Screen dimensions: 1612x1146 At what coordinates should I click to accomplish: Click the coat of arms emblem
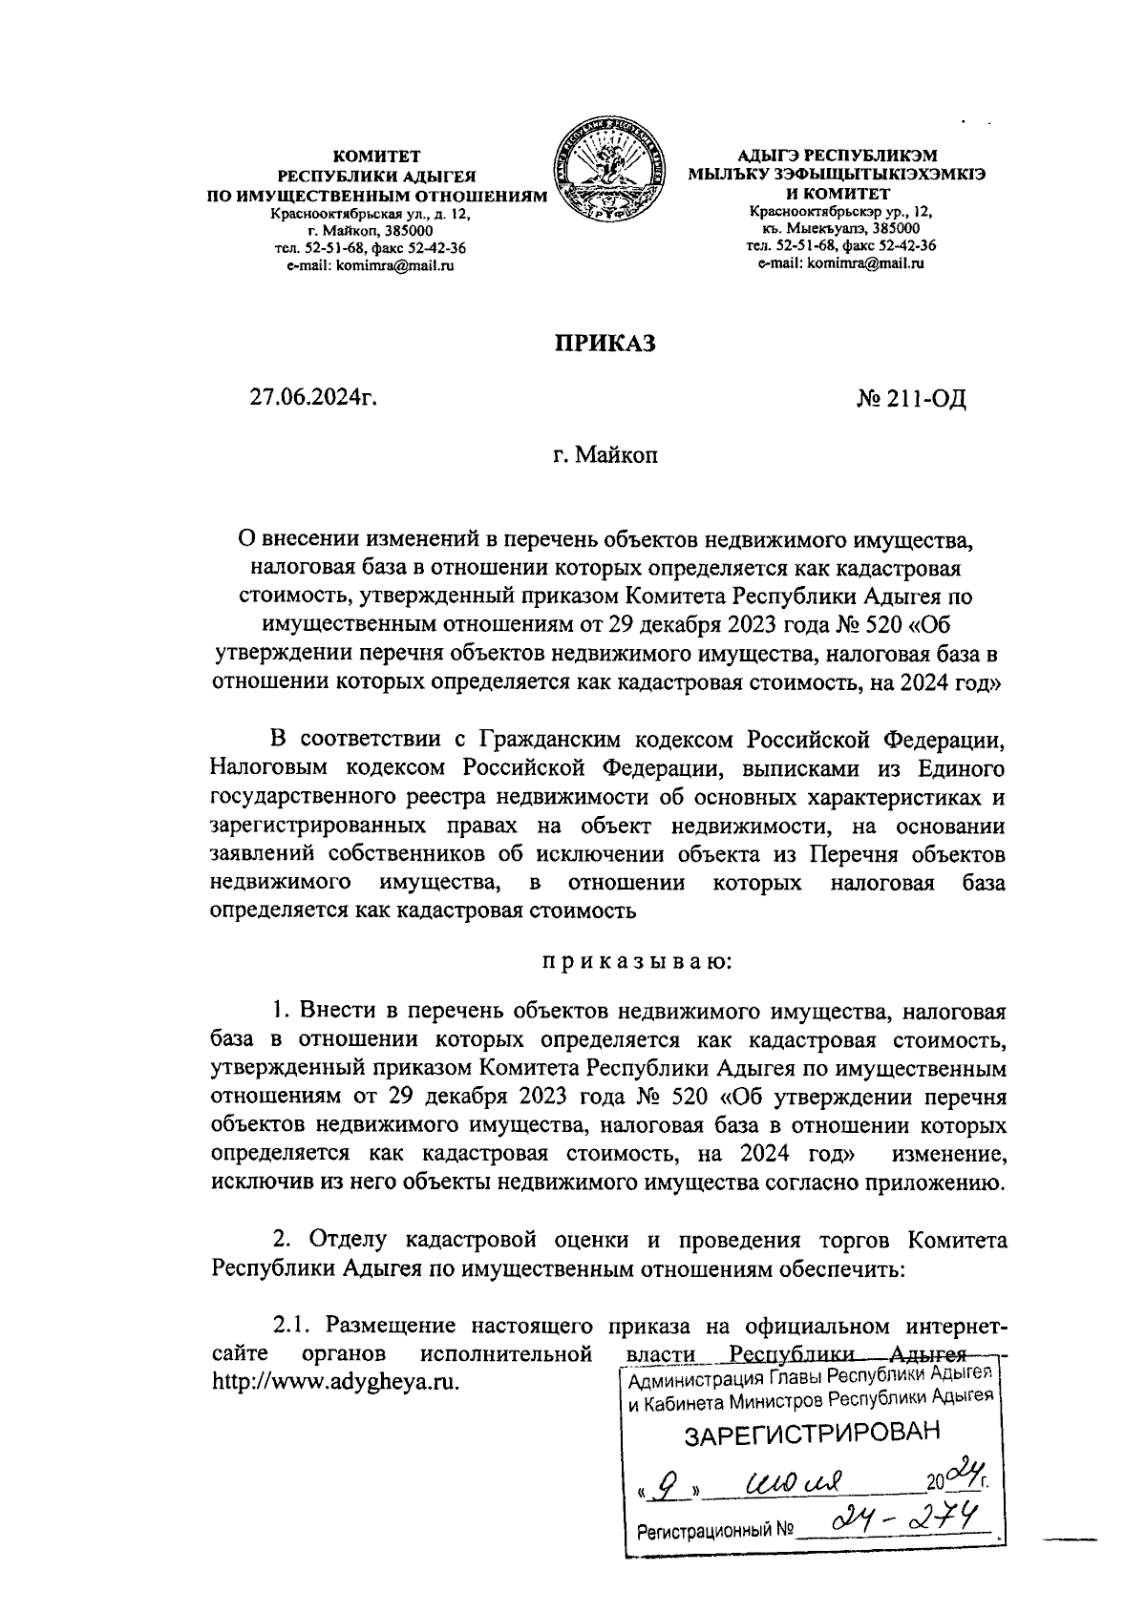click(609, 173)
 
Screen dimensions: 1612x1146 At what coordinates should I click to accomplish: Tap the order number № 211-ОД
click(911, 398)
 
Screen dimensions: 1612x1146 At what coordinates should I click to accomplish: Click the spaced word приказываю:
click(637, 961)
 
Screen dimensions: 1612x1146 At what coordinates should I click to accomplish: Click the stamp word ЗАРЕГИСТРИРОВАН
click(813, 1434)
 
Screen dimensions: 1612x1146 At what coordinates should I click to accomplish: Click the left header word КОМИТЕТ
click(375, 155)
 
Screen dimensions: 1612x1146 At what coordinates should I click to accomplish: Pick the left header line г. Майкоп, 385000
click(371, 231)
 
